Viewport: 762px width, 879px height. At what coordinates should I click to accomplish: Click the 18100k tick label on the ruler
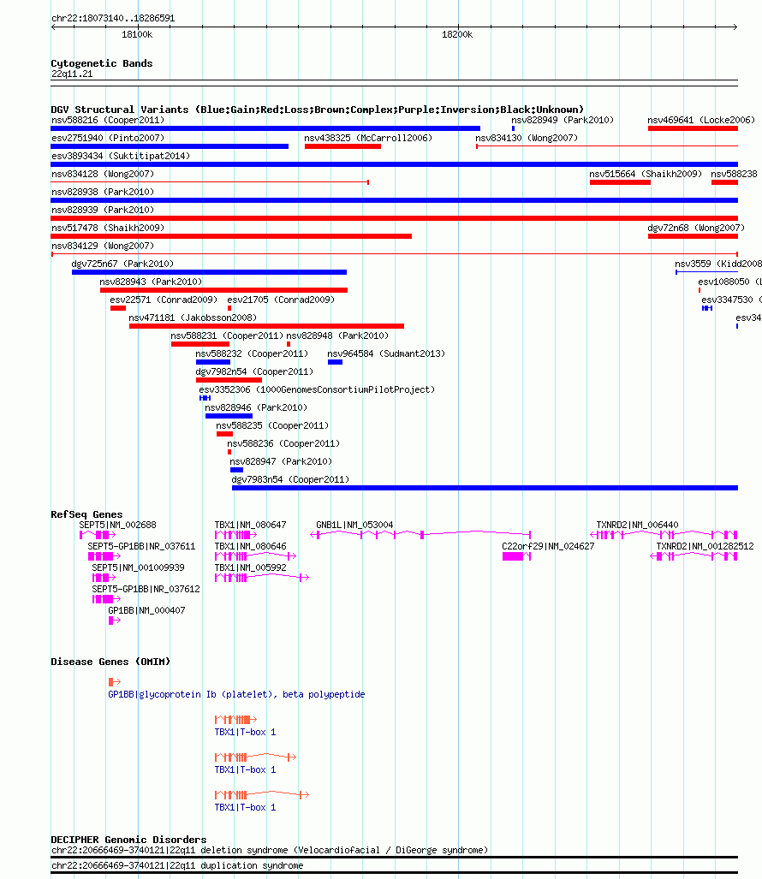[137, 35]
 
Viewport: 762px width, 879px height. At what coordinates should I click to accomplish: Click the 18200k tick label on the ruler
[457, 35]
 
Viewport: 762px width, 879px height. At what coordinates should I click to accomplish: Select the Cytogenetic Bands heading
[102, 63]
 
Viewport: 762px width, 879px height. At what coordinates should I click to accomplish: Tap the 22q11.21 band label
[72, 74]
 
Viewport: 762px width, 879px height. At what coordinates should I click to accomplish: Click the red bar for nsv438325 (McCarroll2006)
[342, 146]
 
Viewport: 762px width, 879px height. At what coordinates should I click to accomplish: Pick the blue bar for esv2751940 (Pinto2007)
[170, 146]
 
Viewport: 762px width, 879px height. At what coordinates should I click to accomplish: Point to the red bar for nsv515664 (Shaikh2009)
[620, 182]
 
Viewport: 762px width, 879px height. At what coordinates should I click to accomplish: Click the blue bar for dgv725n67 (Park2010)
[209, 272]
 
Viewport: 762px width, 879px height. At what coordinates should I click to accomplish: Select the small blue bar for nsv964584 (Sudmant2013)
[335, 362]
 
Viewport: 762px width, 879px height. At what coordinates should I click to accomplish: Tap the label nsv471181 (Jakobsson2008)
[193, 318]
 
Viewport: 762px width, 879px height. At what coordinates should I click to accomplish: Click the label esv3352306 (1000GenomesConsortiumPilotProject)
[317, 389]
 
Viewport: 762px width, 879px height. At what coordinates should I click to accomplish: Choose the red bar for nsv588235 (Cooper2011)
[224, 434]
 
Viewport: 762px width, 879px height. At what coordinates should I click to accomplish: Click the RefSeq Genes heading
[86, 514]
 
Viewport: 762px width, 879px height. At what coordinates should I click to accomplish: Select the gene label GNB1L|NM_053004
[354, 526]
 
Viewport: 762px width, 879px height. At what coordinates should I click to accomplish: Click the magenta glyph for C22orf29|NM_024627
[516, 556]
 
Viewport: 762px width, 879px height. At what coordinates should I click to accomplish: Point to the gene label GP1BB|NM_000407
[146, 610]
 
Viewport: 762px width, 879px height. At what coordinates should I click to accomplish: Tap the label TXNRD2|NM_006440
[637, 526]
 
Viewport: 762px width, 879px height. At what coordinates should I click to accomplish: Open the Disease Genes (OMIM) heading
[110, 662]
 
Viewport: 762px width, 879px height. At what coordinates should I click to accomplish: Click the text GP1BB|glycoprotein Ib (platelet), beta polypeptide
[236, 695]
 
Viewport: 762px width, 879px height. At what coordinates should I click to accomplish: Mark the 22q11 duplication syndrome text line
[177, 865]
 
